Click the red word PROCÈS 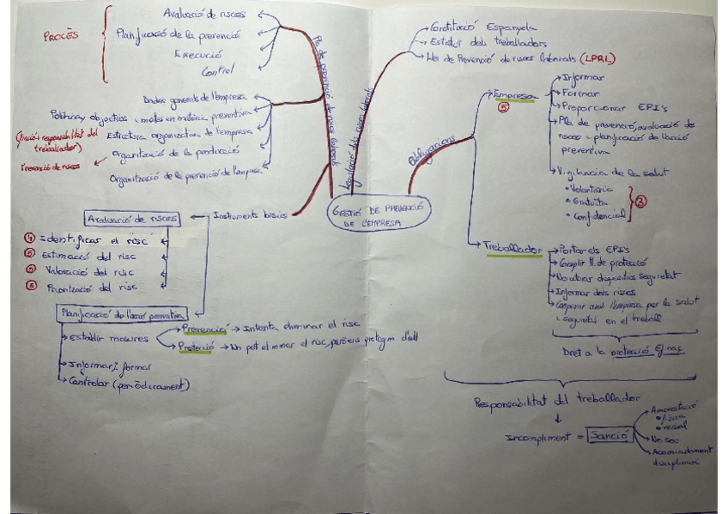coord(60,37)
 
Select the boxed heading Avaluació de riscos coord(131,218)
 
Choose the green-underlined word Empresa coord(513,95)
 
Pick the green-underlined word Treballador coord(513,250)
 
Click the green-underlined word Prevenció coord(203,328)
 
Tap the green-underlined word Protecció coord(197,348)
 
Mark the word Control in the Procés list coord(218,71)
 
